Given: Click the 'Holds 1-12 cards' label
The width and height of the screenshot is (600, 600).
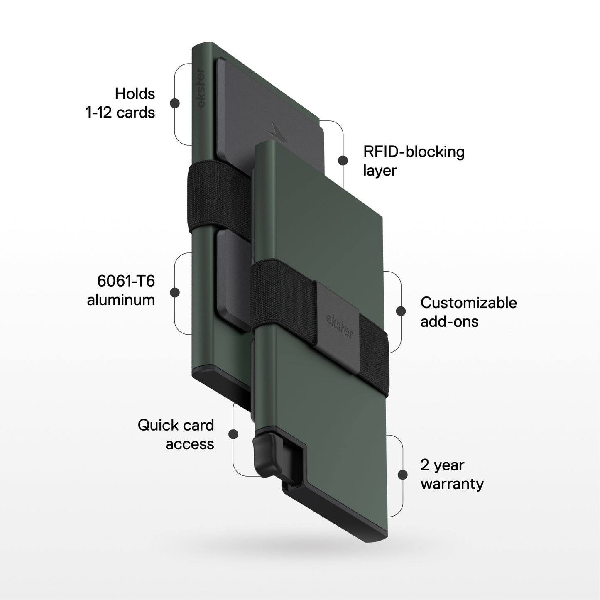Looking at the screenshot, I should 120,103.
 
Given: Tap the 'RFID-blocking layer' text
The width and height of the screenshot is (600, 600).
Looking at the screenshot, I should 414,161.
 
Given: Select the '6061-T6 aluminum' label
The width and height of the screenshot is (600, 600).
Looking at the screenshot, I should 121,290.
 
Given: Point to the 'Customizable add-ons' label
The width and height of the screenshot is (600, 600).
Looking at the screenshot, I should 468,312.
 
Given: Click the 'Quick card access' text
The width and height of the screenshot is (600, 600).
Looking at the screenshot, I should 176,434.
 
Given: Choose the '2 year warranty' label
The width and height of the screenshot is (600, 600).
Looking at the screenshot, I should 452,475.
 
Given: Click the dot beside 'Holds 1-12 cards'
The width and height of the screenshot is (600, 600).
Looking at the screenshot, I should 175,103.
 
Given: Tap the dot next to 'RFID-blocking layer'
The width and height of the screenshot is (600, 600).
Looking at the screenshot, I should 343,160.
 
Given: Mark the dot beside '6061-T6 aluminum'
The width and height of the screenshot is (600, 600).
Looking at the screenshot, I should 175,292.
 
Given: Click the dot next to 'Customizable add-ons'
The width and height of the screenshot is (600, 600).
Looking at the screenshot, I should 401,311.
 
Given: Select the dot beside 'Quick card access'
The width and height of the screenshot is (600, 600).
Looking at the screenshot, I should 233,434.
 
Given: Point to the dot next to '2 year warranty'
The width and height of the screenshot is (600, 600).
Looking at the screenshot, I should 402,475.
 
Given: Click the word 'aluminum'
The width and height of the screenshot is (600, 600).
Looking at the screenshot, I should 121,300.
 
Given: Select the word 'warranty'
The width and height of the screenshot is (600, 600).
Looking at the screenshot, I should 452,484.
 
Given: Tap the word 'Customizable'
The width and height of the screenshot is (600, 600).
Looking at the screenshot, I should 468,303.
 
